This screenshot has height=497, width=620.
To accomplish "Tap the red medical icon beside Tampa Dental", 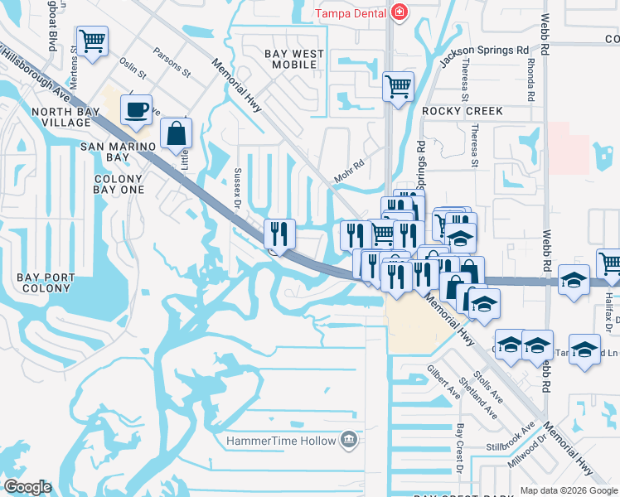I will pyautogui.click(x=400, y=12).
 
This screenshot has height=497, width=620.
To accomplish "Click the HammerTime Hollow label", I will pyautogui.click(x=282, y=441).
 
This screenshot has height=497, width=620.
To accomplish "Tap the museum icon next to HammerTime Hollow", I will pyautogui.click(x=350, y=440).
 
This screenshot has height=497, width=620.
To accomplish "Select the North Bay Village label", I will pyautogui.click(x=61, y=117).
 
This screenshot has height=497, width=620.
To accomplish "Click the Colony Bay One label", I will pyautogui.click(x=119, y=184).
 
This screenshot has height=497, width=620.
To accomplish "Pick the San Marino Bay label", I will pyautogui.click(x=117, y=152).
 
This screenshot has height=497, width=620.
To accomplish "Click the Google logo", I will pyautogui.click(x=27, y=487).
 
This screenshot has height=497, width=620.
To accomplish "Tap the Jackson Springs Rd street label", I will pyautogui.click(x=484, y=57).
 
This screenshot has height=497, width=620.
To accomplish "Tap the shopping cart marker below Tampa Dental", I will pyautogui.click(x=399, y=86).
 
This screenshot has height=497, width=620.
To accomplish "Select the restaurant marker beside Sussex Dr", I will pyautogui.click(x=279, y=234).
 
